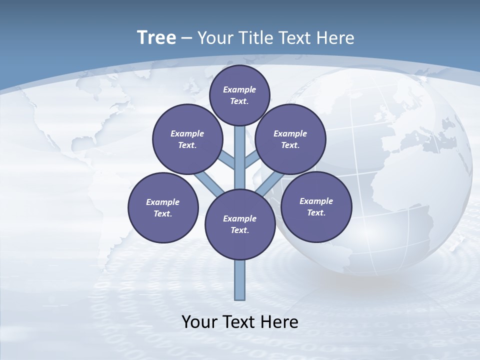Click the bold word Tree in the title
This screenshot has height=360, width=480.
tap(156, 38)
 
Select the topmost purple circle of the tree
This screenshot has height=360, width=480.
tap(239, 95)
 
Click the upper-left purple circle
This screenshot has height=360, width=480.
tap(187, 139)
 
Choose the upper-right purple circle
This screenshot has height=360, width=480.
tap(290, 139)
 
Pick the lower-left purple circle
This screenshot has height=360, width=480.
tap(163, 207)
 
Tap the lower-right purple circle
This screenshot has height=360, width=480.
tap(316, 206)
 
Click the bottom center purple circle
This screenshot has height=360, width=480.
tap(240, 224)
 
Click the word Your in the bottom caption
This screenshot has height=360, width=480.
tap(199, 322)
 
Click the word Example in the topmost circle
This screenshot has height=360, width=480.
tap(239, 89)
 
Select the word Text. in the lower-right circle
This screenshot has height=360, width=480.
tap(316, 212)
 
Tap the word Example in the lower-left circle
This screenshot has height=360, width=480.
tap(162, 202)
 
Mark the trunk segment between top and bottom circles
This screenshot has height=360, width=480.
tap(240, 160)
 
